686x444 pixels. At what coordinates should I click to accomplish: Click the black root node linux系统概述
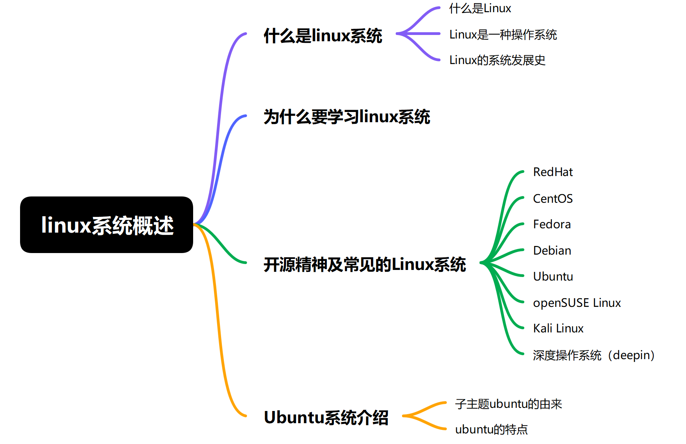[107, 225]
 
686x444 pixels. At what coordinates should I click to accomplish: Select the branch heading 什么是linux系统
[323, 36]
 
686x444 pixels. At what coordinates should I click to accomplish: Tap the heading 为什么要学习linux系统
[347, 117]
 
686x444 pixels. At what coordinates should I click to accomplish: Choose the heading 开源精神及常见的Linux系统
[365, 264]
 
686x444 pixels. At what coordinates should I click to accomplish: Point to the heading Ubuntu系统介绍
[326, 417]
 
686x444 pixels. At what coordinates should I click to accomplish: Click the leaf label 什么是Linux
[480, 8]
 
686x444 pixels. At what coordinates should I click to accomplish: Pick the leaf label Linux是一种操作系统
[503, 35]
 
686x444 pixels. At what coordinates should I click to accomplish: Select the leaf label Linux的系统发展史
[497, 60]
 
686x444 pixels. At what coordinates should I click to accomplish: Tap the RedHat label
[553, 172]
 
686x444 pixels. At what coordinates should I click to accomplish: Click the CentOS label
[553, 198]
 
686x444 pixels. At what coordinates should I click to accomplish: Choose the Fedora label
[552, 224]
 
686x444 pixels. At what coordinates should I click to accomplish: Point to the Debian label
[552, 250]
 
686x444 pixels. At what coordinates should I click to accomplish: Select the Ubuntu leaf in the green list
[553, 276]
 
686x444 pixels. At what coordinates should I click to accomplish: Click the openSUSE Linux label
[577, 303]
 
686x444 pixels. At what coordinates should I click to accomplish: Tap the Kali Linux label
[558, 328]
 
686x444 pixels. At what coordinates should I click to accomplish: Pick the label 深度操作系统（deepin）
[594, 355]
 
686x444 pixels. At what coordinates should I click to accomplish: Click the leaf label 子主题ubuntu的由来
[509, 404]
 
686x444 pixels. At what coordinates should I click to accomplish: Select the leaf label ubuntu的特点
[491, 429]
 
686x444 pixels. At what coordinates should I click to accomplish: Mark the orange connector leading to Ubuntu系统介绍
[218, 314]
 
